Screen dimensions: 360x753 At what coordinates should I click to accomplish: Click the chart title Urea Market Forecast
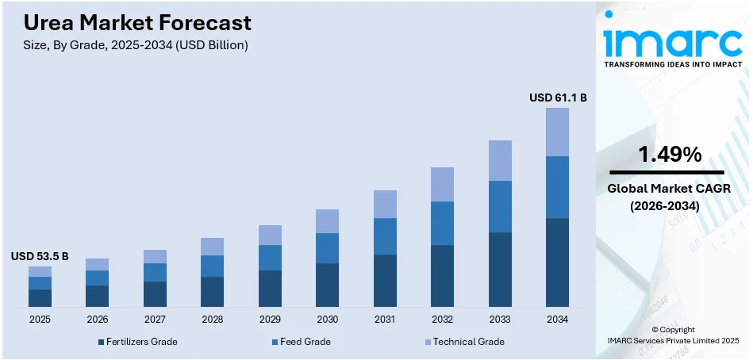click(x=132, y=22)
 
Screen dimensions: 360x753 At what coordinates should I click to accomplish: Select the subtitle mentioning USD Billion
click(x=130, y=45)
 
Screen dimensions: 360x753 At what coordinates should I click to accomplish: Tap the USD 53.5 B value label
click(x=40, y=256)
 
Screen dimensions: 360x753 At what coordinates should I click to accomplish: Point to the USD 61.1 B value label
click(x=558, y=98)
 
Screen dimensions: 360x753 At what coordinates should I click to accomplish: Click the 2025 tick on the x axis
click(x=40, y=319)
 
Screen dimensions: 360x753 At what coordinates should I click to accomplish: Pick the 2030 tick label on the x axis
click(x=327, y=319)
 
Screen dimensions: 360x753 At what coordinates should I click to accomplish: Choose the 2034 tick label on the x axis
click(x=557, y=319)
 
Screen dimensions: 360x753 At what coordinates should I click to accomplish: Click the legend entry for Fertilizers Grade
click(x=137, y=342)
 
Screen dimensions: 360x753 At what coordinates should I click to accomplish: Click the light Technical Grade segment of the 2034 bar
click(x=557, y=132)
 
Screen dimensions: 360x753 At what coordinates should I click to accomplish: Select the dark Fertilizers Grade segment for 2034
click(x=557, y=262)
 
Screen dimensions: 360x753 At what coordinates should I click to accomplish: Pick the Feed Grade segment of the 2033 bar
click(x=500, y=206)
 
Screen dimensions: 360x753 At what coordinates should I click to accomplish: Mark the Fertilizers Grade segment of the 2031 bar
click(x=385, y=280)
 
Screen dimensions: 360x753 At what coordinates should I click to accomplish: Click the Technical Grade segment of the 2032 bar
click(x=442, y=184)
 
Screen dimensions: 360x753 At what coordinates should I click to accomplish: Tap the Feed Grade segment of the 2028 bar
click(x=212, y=266)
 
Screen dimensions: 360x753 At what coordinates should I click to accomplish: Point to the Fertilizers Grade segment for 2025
click(x=40, y=297)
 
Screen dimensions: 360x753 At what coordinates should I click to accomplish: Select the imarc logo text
click(x=668, y=40)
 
